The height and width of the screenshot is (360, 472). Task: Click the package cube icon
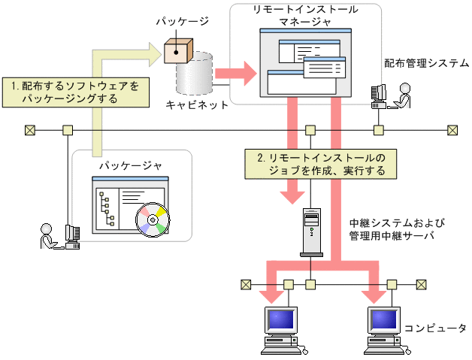point(178,51)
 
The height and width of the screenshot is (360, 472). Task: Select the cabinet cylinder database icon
point(195,77)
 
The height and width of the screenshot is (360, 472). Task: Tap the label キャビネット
point(197,105)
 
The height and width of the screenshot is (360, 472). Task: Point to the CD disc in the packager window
point(153,221)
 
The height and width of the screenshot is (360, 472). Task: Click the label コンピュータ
point(436,328)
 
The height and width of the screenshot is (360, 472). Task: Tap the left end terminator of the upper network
point(29,130)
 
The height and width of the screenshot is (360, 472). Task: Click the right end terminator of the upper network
point(452,130)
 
